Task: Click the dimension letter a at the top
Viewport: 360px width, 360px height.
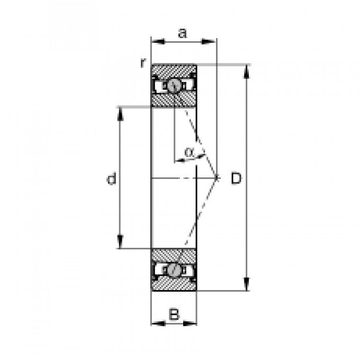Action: pyautogui.click(x=183, y=33)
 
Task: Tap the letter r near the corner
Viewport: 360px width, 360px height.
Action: pyautogui.click(x=142, y=63)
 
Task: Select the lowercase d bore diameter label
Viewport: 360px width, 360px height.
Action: pyautogui.click(x=111, y=179)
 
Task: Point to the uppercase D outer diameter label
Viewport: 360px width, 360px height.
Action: pyautogui.click(x=236, y=178)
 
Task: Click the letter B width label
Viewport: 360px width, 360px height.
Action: pyautogui.click(x=174, y=314)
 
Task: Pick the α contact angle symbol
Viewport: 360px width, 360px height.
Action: pyautogui.click(x=190, y=153)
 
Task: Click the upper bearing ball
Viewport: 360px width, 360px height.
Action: pyautogui.click(x=174, y=85)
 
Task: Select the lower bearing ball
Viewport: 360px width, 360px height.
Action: pyautogui.click(x=174, y=269)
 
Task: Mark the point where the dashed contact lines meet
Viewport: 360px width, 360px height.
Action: pyautogui.click(x=217, y=177)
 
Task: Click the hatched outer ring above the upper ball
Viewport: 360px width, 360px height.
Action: pyautogui.click(x=174, y=70)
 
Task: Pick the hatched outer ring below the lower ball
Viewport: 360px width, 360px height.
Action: pyautogui.click(x=174, y=284)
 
